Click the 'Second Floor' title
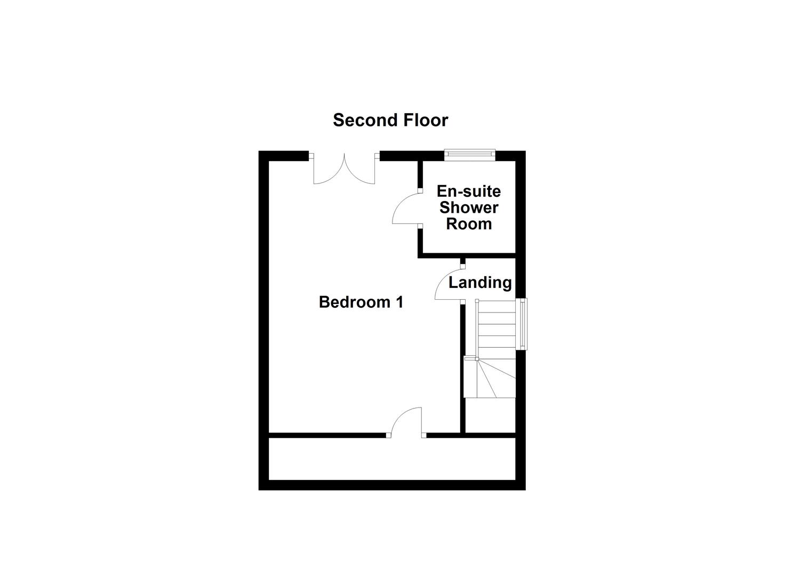tap(390, 121)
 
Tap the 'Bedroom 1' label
tap(361, 302)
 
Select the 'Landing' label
tap(480, 283)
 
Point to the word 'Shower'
tap(468, 207)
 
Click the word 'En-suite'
tap(468, 191)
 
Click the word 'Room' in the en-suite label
tap(468, 224)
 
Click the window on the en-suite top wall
tap(470, 155)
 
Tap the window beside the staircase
tap(523, 324)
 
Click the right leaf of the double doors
tap(361, 170)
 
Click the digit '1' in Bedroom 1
tap(399, 302)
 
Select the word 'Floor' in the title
tap(425, 121)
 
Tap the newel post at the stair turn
tap(469, 359)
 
